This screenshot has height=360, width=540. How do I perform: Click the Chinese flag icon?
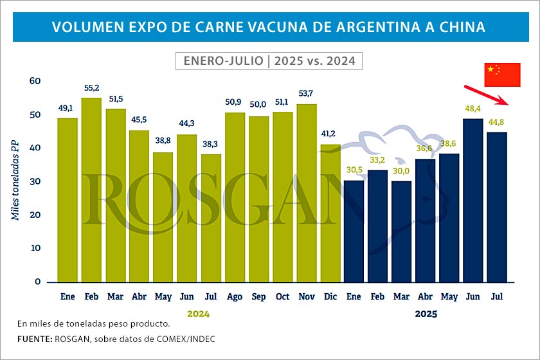coord(501,75)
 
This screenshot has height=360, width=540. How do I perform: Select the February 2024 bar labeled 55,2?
coord(91,190)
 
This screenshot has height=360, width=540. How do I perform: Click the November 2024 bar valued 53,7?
coord(307,193)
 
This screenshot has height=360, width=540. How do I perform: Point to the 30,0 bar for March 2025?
coord(402,231)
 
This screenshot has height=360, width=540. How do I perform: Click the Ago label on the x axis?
coord(235,298)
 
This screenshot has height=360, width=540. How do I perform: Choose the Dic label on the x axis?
coord(330,298)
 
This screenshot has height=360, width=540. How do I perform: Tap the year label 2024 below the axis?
coord(199,314)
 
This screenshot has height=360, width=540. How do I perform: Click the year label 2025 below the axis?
coord(426,314)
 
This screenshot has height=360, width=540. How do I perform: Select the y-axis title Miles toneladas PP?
coord(15,182)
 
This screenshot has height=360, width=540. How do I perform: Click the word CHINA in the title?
coord(455,27)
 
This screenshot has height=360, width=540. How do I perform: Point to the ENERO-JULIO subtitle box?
coord(269,61)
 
